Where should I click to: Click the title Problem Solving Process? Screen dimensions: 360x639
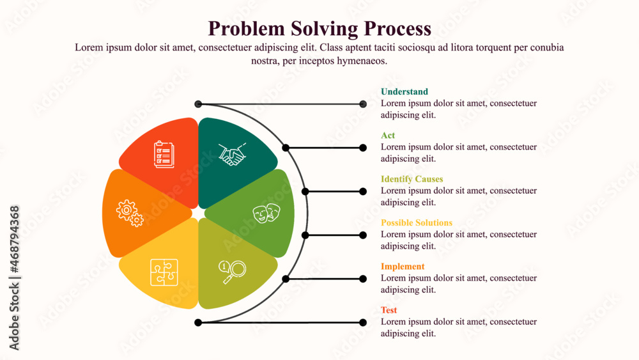click(x=319, y=29)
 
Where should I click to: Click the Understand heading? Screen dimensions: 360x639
click(x=404, y=92)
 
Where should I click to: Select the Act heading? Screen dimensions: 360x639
click(x=388, y=136)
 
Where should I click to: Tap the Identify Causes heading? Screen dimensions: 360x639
click(x=412, y=179)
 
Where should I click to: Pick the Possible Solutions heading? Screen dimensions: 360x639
click(x=416, y=223)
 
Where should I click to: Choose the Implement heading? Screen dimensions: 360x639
click(x=402, y=267)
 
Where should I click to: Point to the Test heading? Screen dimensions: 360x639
click(x=389, y=310)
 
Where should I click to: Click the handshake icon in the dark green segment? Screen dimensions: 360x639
click(x=232, y=155)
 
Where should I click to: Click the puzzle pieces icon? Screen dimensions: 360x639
click(x=164, y=272)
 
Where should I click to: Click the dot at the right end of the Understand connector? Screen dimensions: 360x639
click(x=363, y=104)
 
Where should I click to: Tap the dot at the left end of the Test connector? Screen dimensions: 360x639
click(x=198, y=322)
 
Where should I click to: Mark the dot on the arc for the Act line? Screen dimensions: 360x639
click(x=286, y=148)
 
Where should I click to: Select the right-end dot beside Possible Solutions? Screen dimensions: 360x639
click(x=363, y=235)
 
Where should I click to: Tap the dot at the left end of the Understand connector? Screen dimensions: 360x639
click(x=198, y=104)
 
